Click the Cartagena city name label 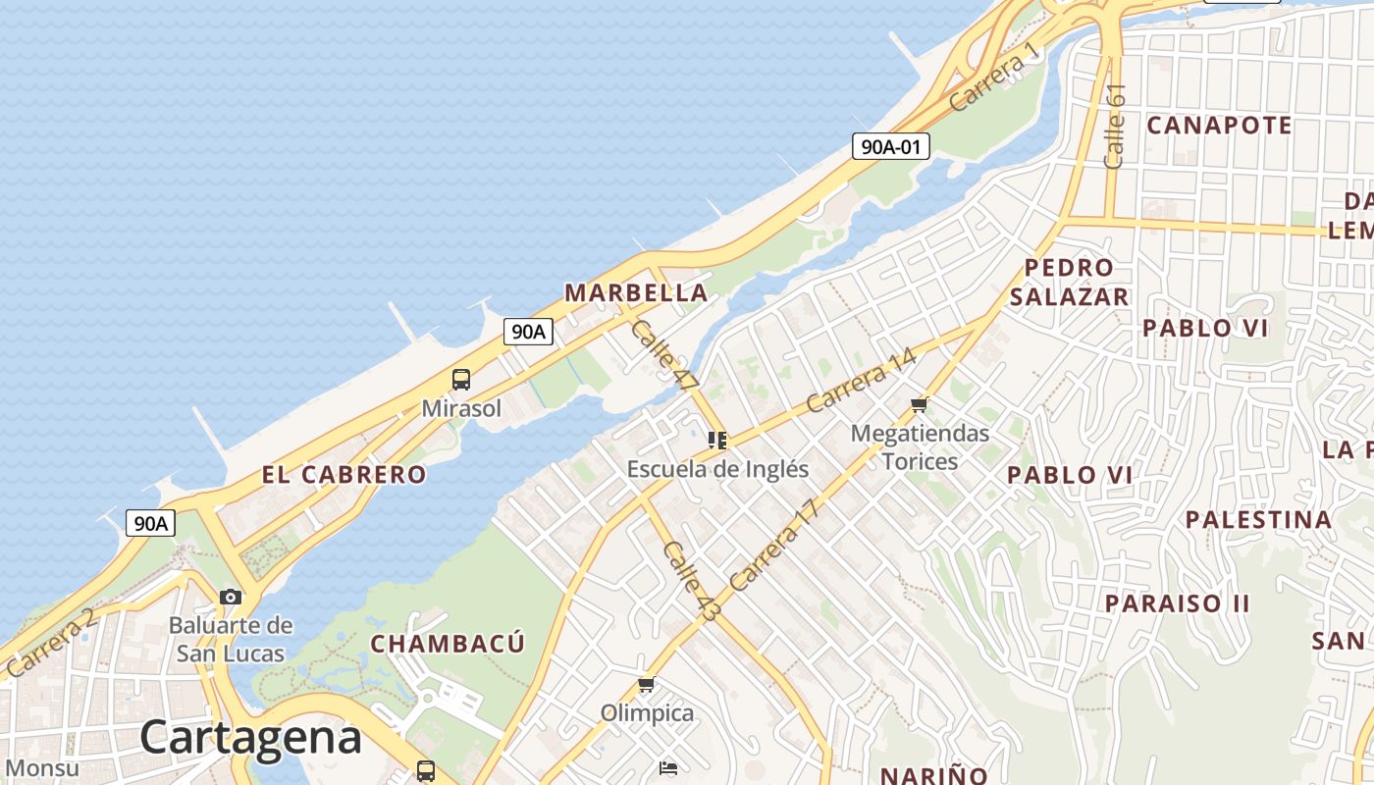250,736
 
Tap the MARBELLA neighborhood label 636,292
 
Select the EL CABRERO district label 343,475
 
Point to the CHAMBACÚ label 448,644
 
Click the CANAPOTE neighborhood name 1219,126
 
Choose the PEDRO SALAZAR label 1069,283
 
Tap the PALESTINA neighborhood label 1259,519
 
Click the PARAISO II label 1178,602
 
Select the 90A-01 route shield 890,147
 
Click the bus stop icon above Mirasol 461,380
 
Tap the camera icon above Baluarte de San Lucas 231,597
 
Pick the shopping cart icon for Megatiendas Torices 920,404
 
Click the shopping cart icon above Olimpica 646,685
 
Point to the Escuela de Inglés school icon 717,441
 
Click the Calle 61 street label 1115,126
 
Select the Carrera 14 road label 861,381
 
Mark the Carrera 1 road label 993,78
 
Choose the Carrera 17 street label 773,546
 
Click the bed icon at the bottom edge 668,767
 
